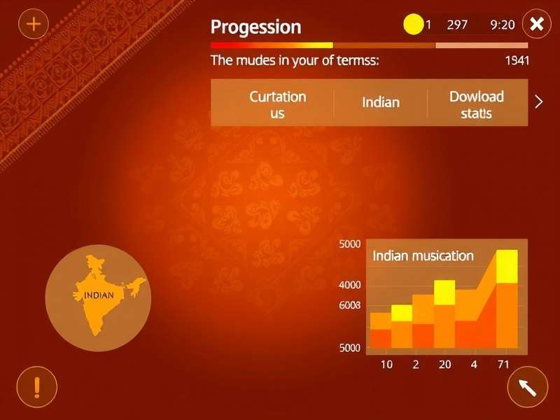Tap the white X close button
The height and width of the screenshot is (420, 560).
[537, 24]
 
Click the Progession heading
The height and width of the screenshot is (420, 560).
[255, 27]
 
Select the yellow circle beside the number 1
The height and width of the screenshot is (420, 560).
[414, 24]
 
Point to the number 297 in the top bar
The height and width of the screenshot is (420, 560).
[457, 24]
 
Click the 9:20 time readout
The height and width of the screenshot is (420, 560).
[503, 24]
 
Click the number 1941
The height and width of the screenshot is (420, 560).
[517, 60]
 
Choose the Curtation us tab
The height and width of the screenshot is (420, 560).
[278, 104]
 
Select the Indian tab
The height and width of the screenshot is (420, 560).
[381, 102]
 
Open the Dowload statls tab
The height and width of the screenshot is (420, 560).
[477, 104]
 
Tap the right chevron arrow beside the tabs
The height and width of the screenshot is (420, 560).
[538, 102]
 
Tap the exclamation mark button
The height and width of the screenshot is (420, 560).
[36, 386]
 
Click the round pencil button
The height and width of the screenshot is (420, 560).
[527, 386]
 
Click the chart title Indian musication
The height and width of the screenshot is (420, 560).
[423, 255]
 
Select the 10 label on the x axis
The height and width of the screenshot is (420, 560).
[386, 364]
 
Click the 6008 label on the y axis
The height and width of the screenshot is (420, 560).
[349, 305]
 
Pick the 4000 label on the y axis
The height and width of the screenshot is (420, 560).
[349, 285]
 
